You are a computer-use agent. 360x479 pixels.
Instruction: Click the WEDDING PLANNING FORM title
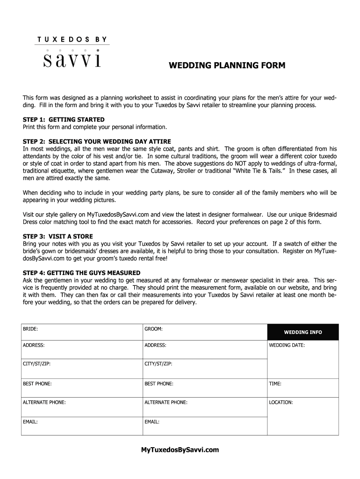coord(227,65)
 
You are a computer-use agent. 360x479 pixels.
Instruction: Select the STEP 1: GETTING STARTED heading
coord(64,120)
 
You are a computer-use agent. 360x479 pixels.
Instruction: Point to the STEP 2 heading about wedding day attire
coord(97,141)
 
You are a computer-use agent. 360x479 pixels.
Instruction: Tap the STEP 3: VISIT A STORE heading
coord(58,236)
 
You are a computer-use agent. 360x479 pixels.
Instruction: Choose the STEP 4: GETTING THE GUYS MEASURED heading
coord(81,273)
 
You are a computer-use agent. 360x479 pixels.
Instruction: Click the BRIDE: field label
coord(30,329)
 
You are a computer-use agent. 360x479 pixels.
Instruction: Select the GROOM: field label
coord(153,329)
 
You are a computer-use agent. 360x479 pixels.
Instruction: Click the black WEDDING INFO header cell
coord(302,332)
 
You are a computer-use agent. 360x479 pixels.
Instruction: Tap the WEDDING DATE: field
coord(287,345)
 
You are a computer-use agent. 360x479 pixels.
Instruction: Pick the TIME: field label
coord(275,384)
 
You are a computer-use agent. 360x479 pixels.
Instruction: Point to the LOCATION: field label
coord(281,402)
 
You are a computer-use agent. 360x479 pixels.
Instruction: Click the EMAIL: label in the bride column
coord(30,421)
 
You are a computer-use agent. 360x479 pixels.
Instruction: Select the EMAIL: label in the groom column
coord(152,421)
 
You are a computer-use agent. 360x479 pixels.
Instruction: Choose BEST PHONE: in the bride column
coord(37,384)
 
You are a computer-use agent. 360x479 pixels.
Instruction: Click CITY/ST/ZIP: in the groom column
coord(158,363)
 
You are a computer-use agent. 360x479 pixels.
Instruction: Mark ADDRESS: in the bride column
coord(34,345)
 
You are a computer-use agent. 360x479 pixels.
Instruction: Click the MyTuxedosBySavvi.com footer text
coord(180,450)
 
